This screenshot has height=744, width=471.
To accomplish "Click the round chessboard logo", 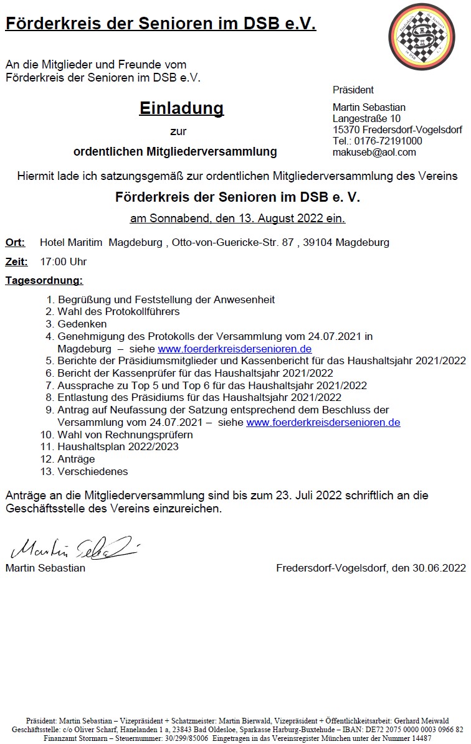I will [426, 41].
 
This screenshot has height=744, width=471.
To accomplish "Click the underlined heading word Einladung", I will [181, 108].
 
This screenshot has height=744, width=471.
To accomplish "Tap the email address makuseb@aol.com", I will [374, 152].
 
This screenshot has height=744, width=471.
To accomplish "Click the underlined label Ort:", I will [15, 242].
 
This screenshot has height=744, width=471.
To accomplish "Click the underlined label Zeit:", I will [17, 261].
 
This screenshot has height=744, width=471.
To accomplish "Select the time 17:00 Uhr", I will [63, 261].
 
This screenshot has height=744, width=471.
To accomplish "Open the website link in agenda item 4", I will [234, 349].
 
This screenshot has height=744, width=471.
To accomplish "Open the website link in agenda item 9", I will [323, 422].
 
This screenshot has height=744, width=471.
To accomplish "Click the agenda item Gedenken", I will [82, 324].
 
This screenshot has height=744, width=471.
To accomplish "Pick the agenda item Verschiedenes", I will [93, 471].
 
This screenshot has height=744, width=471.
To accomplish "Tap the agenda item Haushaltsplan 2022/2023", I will [118, 446].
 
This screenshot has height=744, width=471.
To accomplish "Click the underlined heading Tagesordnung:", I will [44, 281].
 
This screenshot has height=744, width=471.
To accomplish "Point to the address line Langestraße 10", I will [366, 118].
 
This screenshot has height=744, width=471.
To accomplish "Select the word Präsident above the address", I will [353, 90].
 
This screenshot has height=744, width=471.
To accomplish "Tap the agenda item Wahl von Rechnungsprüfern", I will [125, 435].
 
